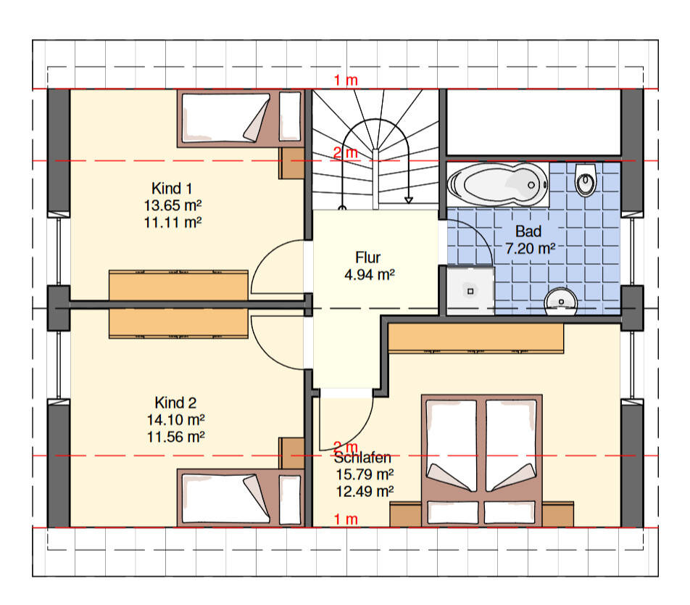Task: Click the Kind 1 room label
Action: click(x=172, y=189)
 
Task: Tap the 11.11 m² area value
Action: click(x=173, y=223)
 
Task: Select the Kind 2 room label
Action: click(x=175, y=403)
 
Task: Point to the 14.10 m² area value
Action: click(x=175, y=419)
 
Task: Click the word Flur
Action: click(x=368, y=257)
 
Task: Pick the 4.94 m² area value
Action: click(x=370, y=275)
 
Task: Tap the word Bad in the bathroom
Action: click(x=528, y=231)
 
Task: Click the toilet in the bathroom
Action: click(x=586, y=180)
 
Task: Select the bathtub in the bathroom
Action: click(x=498, y=184)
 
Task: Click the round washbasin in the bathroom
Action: click(x=561, y=302)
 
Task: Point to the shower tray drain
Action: click(x=470, y=291)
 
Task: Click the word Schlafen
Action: click(x=362, y=458)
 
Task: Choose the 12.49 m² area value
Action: click(x=365, y=491)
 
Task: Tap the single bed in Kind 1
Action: click(x=241, y=118)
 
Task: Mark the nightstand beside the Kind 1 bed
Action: click(x=291, y=163)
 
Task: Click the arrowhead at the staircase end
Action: click(x=409, y=200)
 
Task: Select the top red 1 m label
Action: click(x=346, y=81)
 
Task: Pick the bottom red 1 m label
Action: click(x=346, y=519)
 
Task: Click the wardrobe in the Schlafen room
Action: click(x=475, y=338)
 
